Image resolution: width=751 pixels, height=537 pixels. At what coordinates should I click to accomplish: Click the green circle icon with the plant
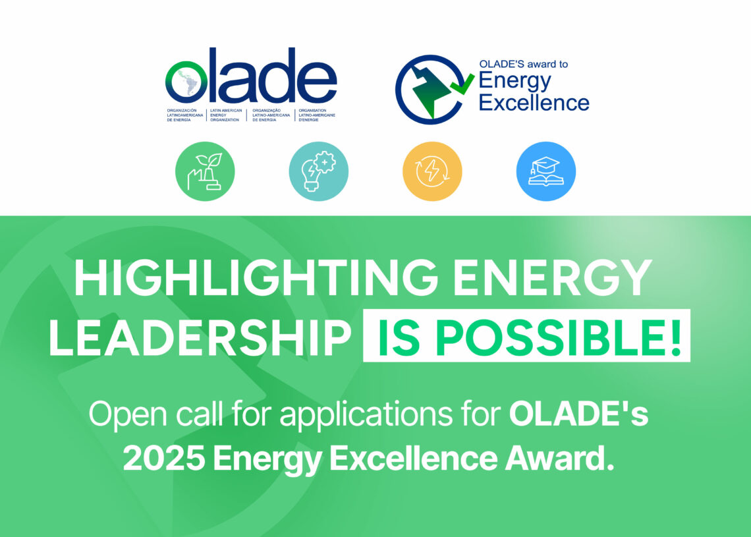(x=205, y=171)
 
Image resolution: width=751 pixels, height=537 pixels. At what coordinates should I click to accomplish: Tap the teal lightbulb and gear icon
(x=318, y=171)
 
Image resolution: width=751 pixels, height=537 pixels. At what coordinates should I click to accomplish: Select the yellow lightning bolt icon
(x=432, y=171)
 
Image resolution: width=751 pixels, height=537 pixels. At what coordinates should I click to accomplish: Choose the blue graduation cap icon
(x=546, y=171)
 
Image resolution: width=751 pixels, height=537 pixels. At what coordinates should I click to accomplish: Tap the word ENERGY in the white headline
(x=552, y=278)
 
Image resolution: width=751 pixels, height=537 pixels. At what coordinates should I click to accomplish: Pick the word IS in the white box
(x=399, y=338)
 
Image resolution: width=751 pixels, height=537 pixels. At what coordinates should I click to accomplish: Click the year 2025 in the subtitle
(x=164, y=459)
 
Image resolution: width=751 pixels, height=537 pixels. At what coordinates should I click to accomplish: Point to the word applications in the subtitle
(x=366, y=415)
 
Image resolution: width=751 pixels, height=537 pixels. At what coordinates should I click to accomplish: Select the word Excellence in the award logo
(x=534, y=103)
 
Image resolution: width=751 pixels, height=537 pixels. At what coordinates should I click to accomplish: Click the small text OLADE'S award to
(x=524, y=64)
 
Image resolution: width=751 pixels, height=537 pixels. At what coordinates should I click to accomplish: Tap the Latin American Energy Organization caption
(x=226, y=115)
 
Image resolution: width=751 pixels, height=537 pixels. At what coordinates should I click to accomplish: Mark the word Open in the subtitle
(x=128, y=415)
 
